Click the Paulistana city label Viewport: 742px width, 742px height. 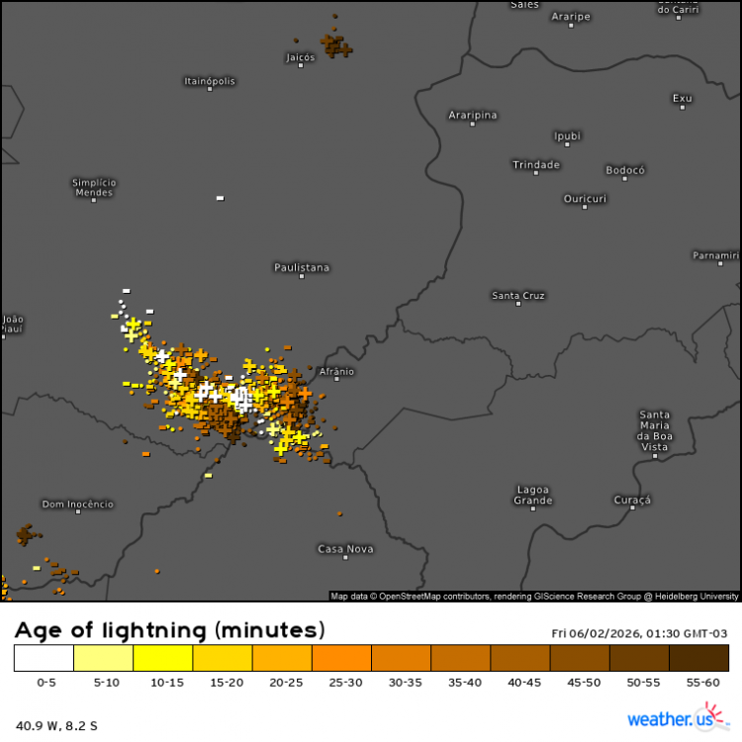click(x=302, y=267)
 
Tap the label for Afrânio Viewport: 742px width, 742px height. click(x=337, y=372)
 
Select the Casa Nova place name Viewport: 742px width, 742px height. click(x=345, y=549)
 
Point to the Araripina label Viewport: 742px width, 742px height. click(x=473, y=115)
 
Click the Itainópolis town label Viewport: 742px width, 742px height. click(x=210, y=80)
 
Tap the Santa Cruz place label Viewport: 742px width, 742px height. click(x=518, y=296)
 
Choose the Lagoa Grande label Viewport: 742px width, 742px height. click(x=533, y=495)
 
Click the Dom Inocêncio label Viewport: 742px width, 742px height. click(x=77, y=505)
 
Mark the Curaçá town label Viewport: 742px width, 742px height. click(x=633, y=501)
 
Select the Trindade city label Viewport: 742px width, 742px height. click(x=536, y=164)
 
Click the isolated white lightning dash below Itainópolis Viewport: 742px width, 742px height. click(x=220, y=198)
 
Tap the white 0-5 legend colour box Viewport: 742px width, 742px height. click(x=45, y=658)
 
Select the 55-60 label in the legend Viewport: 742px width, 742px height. click(x=698, y=683)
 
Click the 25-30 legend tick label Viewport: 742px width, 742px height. click(x=341, y=683)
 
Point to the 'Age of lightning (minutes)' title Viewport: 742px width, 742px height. click(x=170, y=629)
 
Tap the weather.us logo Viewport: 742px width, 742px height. click(x=670, y=718)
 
